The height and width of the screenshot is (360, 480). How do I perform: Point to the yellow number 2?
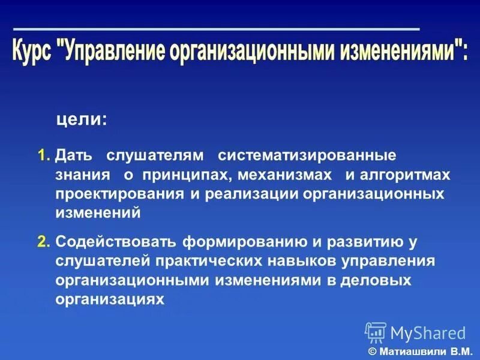click(43, 242)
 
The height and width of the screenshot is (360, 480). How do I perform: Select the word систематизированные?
click(307, 156)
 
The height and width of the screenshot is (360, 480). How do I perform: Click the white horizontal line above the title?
click(216, 29)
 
